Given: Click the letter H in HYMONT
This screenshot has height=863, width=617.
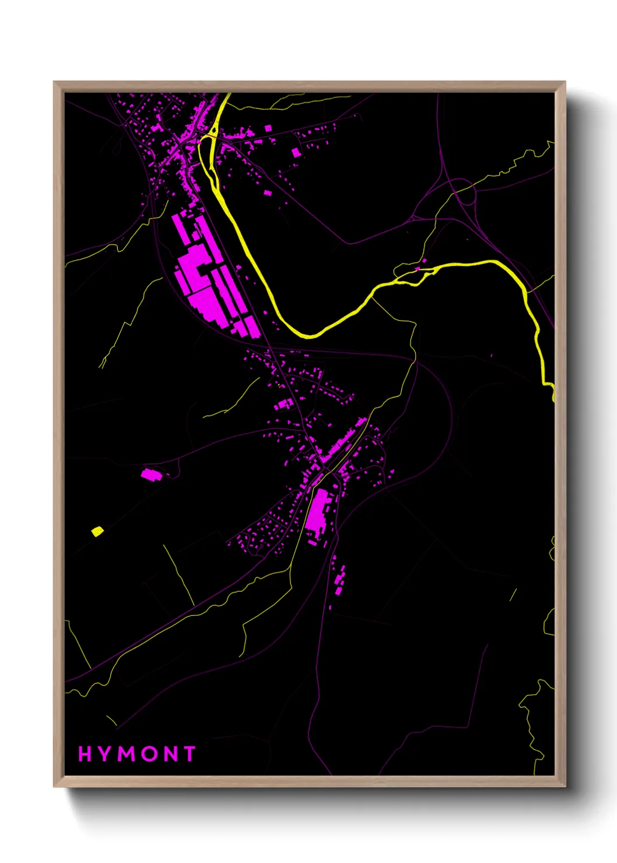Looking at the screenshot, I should pyautogui.click(x=85, y=754).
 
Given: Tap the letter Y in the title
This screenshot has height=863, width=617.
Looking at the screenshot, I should pyautogui.click(x=105, y=754).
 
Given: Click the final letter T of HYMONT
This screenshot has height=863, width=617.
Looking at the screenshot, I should pyautogui.click(x=189, y=754).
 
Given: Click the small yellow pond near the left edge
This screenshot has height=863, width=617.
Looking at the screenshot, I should pyautogui.click(x=97, y=531).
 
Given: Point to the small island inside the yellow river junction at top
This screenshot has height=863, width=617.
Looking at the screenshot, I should pyautogui.click(x=213, y=130).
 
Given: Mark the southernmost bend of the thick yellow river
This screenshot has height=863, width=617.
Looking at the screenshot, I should pyautogui.click(x=309, y=336).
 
